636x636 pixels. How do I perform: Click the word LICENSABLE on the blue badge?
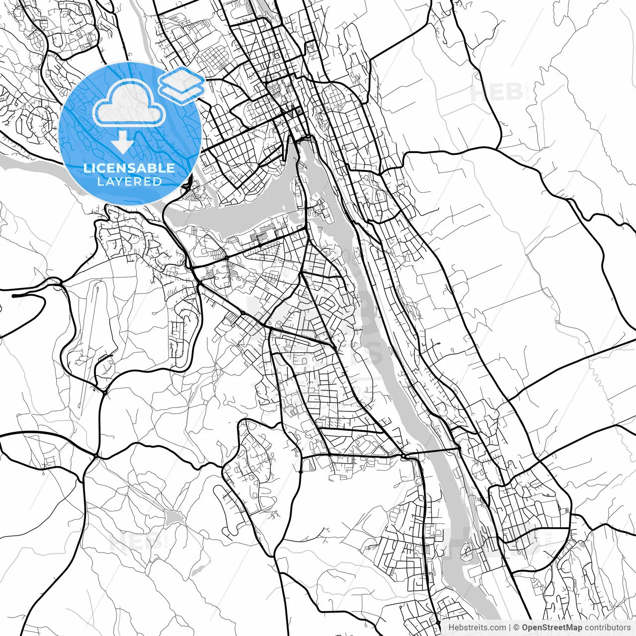coord(129,168)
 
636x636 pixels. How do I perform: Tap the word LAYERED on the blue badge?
coord(129,181)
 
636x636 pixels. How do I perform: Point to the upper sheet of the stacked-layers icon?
coord(182,78)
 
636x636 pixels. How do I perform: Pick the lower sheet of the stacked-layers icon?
coord(182,90)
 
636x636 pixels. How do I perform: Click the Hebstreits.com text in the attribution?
coord(477,628)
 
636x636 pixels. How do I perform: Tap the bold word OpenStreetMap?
coord(552,628)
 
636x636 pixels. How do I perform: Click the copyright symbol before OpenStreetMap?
coord(516,628)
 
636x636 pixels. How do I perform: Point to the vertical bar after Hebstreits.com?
coord(510,628)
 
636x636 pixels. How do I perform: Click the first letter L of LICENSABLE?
coord(86,168)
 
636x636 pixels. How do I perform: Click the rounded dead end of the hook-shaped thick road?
coord(14,296)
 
